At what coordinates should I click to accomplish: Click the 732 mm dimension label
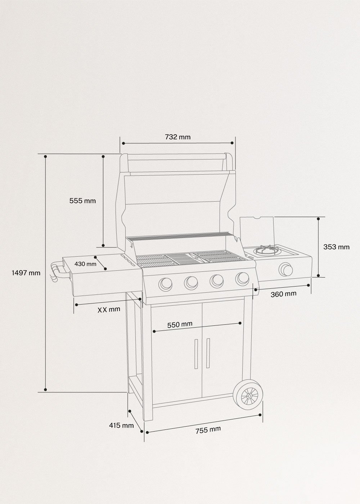click(x=177, y=137)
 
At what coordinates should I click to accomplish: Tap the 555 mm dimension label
click(x=82, y=201)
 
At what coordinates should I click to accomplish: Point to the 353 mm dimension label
click(x=336, y=247)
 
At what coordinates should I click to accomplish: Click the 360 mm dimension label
click(x=283, y=294)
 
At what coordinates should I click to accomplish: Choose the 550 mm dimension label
click(x=180, y=324)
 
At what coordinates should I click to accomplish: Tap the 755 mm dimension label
click(x=208, y=430)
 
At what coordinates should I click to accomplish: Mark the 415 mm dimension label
click(x=121, y=426)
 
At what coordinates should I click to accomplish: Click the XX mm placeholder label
click(x=109, y=309)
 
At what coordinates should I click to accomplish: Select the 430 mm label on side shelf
click(x=85, y=264)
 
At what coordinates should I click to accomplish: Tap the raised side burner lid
click(x=256, y=230)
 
